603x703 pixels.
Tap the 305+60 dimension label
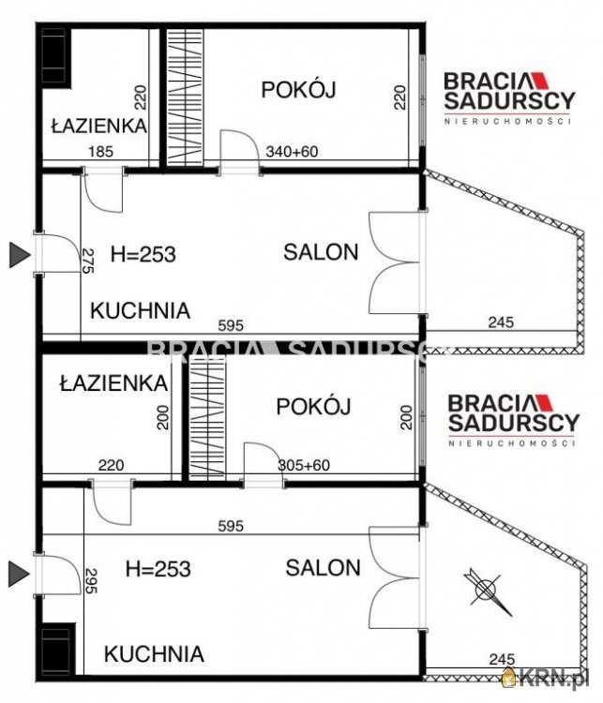(304, 465)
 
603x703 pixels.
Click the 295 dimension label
(91, 585)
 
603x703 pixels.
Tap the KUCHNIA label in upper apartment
(140, 310)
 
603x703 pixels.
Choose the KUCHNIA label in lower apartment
(154, 653)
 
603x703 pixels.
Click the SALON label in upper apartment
(321, 251)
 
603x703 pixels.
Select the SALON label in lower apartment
(323, 567)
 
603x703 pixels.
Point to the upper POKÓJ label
(298, 90)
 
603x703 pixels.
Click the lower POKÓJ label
(313, 407)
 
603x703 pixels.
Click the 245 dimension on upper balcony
(501, 323)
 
